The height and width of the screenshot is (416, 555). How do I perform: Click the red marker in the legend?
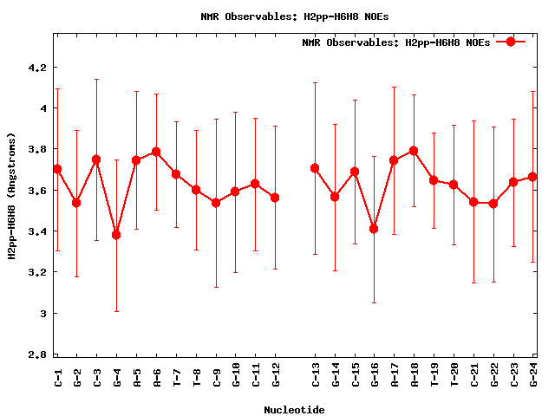coord(511,42)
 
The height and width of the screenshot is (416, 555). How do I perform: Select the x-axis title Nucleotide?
coord(295,410)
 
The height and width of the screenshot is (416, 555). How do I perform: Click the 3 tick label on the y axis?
coord(43,313)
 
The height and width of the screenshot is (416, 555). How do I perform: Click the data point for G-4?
coord(116,235)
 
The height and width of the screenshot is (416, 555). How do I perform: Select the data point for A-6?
coord(156,152)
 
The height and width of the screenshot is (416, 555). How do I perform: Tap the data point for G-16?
coord(374,229)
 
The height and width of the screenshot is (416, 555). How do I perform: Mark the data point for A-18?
coord(414,151)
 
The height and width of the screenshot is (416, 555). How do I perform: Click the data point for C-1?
coord(57,169)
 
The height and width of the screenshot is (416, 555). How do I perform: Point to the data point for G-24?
coord(532,177)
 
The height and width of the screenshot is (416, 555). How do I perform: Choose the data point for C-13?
coord(315,168)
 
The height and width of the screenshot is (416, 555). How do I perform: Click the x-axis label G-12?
coord(275,374)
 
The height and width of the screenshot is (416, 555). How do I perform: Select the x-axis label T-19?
coord(434,374)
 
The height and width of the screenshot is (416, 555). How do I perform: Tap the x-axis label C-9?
coord(216,374)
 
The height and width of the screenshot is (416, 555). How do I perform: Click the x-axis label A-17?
coord(394,374)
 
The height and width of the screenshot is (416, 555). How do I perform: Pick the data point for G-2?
coord(76,203)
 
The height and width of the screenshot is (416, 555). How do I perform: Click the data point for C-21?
coord(473,202)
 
